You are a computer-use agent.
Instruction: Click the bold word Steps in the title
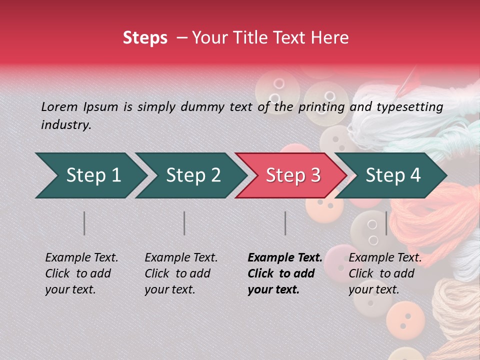click(145, 38)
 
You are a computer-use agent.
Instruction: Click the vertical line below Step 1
click(84, 223)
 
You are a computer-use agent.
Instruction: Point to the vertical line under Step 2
click(184, 223)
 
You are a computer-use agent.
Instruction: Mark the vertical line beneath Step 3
click(285, 223)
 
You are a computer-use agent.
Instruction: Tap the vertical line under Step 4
click(386, 223)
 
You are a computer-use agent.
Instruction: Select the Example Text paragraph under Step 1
click(81, 273)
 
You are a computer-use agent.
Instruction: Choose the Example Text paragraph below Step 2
click(181, 273)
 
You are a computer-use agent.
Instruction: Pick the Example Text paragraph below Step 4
click(385, 273)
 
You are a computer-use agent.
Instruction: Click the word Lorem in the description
click(59, 107)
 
